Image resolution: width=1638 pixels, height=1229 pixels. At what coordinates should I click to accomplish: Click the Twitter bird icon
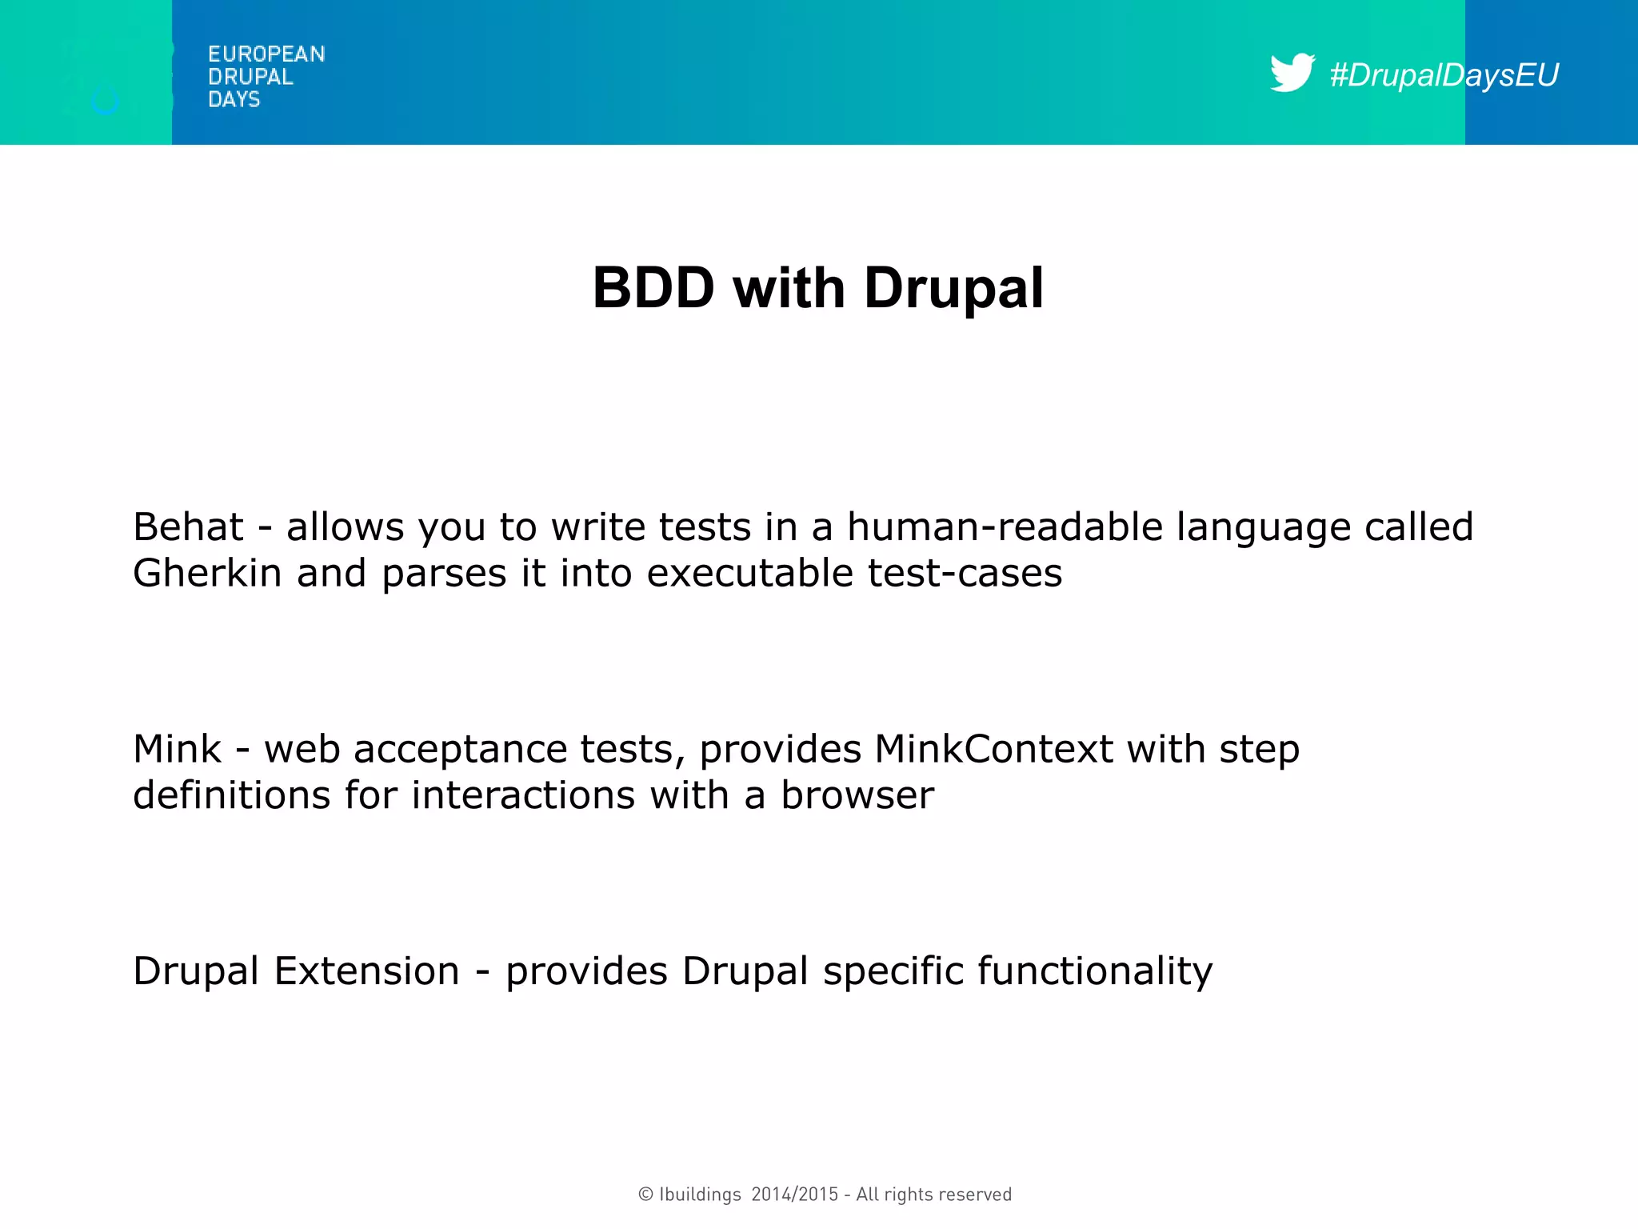pos(1291,73)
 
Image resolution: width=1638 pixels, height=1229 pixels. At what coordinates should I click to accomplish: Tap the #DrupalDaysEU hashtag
pos(1444,75)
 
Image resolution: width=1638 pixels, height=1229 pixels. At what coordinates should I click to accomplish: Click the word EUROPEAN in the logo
pos(266,54)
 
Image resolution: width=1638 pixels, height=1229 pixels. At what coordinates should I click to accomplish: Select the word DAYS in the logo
pos(234,99)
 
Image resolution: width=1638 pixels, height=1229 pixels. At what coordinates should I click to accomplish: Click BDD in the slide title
pos(653,288)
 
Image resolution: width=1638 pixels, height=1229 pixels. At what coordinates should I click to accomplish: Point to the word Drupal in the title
pos(953,288)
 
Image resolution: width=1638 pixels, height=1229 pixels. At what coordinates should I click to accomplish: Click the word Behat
pos(188,527)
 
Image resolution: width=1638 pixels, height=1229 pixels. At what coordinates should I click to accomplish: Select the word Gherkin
pos(207,574)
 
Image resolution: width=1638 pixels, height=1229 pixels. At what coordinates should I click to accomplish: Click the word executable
pos(749,574)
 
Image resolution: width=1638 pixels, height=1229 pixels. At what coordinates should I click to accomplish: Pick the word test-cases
pos(965,574)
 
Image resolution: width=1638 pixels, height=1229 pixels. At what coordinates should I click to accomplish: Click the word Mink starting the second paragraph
pos(177,750)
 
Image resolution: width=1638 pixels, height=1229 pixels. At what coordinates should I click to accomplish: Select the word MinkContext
pos(993,750)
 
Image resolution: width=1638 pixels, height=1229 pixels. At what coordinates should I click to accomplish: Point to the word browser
pos(857,796)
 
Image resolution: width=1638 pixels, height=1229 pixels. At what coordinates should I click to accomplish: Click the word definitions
pos(231,796)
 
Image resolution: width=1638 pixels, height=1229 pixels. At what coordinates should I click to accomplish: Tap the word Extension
pos(366,971)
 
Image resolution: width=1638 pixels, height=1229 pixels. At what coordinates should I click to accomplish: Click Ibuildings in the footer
pos(700,1195)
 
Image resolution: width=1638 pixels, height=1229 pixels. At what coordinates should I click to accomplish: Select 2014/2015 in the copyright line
pos(794,1195)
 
